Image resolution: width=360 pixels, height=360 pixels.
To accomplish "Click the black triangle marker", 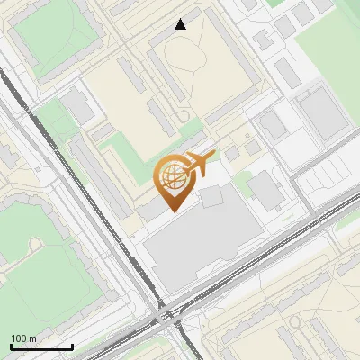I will (x=181, y=24).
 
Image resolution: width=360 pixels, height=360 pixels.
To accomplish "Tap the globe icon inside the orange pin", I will (x=173, y=177).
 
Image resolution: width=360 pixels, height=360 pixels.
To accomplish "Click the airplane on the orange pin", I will (x=200, y=165).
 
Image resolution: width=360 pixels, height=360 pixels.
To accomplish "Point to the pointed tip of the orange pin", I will (x=173, y=211).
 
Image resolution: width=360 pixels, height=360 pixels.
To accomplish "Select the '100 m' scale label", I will (x=23, y=337).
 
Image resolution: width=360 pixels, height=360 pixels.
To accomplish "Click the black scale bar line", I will (x=40, y=346).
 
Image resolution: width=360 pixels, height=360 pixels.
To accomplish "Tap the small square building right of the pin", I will (x=212, y=196).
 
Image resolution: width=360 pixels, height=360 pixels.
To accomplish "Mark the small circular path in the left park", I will (x=35, y=245).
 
